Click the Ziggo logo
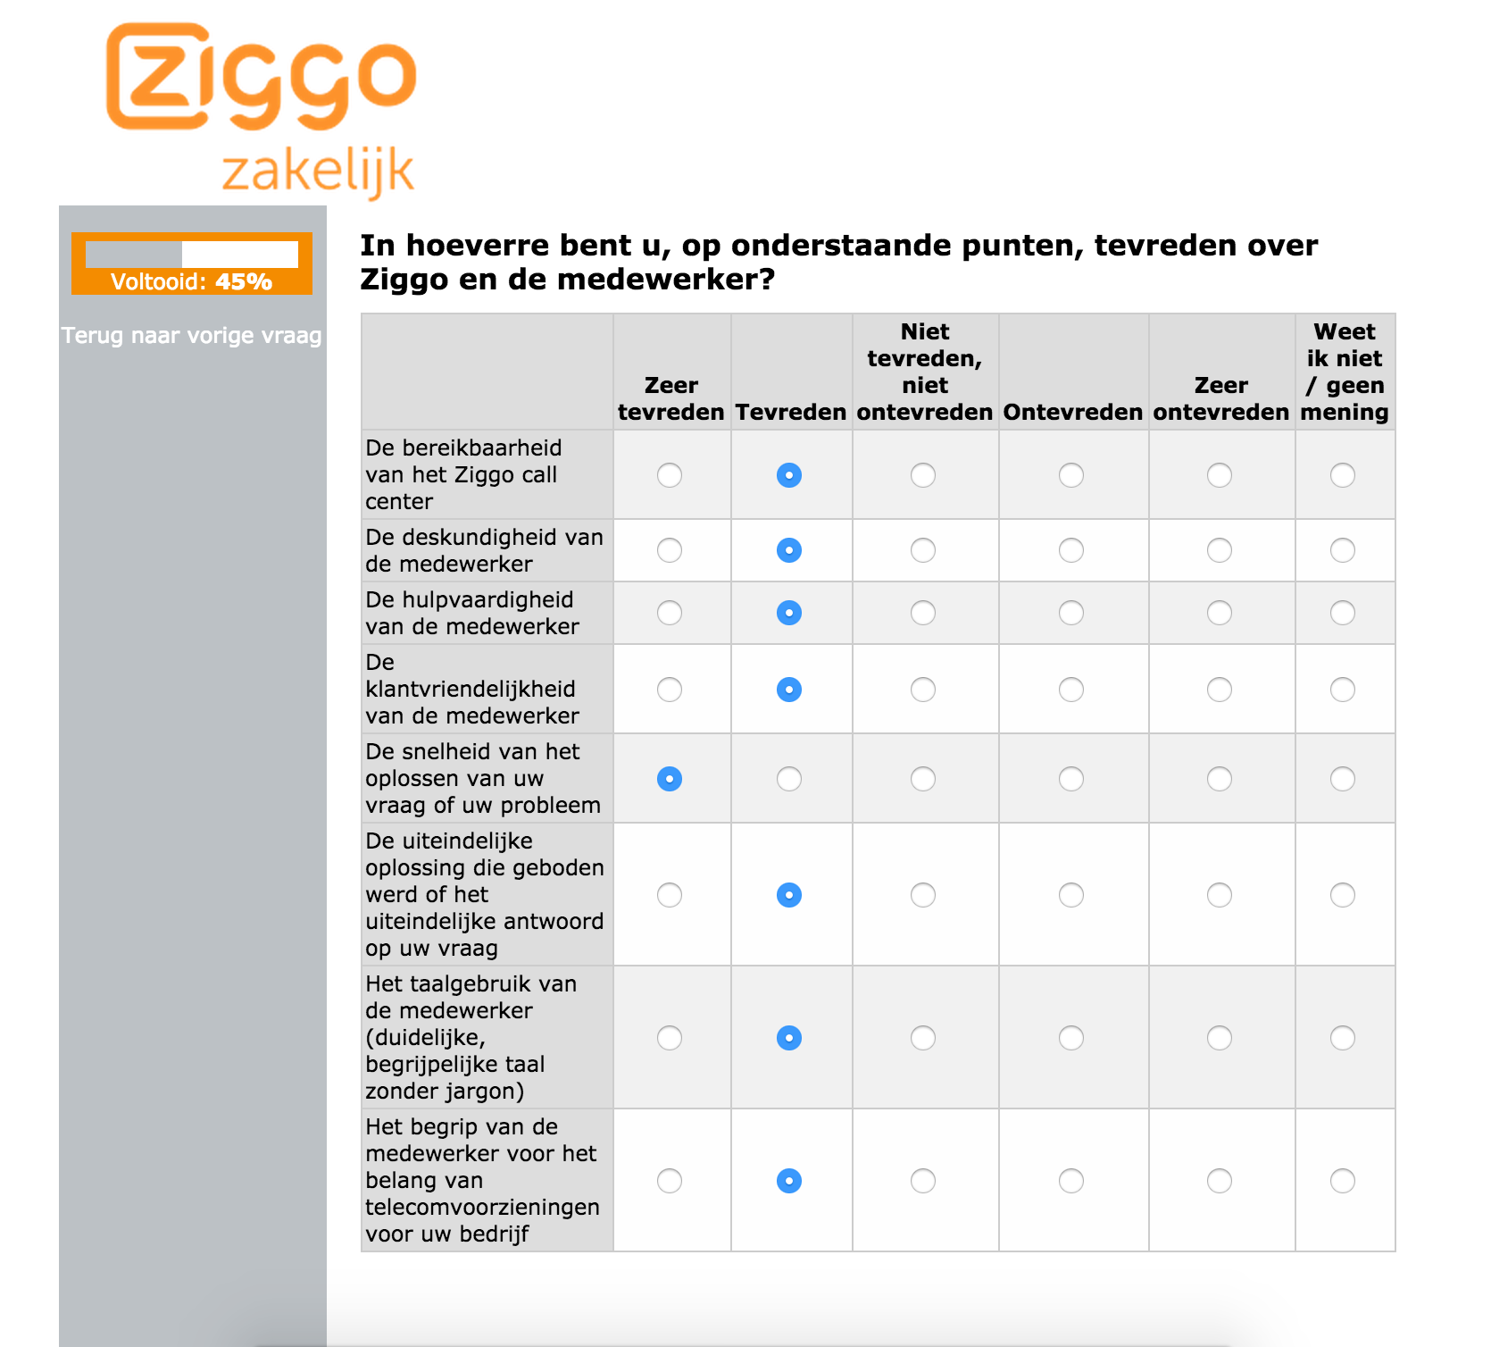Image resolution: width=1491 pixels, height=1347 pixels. point(261,77)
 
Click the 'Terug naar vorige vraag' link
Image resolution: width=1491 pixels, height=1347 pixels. point(191,336)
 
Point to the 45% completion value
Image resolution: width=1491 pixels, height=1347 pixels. point(244,282)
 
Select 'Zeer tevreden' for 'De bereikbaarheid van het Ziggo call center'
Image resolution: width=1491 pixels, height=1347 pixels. point(670,475)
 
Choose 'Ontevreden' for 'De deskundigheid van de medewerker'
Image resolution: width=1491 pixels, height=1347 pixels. point(1071,550)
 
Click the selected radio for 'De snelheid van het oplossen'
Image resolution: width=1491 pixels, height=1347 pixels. point(670,779)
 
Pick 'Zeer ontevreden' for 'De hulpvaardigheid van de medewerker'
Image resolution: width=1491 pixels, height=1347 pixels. point(1220,613)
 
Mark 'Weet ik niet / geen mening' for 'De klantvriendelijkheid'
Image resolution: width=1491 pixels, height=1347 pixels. point(1343,690)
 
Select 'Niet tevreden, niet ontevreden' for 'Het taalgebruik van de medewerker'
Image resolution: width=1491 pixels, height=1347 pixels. point(923,1038)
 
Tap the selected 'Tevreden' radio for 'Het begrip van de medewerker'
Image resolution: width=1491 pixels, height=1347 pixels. point(789,1181)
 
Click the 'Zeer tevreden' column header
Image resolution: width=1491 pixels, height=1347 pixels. point(671,398)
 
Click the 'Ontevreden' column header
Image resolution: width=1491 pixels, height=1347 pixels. point(1072,412)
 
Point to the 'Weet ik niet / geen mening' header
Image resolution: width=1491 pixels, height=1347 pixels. point(1345,372)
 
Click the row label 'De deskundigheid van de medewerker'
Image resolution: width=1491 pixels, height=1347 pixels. point(484,550)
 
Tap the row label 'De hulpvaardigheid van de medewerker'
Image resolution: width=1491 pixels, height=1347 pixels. point(471,613)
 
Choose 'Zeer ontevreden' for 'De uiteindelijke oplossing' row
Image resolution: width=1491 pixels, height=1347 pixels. point(1220,895)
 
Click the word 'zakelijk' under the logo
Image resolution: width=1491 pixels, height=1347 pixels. point(318,172)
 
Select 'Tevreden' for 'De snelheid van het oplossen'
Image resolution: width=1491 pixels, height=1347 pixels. point(789,779)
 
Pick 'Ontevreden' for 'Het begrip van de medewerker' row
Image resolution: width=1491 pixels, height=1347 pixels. point(1071,1181)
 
